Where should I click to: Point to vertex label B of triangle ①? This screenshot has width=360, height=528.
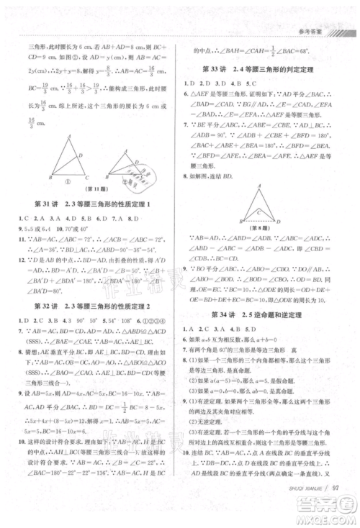pyautogui.click(x=50, y=177)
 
